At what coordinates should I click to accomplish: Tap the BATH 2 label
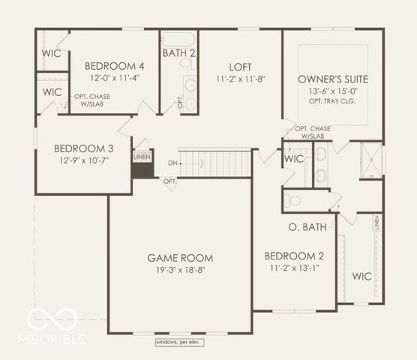point(179,53)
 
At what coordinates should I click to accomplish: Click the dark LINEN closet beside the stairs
point(141,164)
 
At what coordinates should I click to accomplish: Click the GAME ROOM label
point(180,257)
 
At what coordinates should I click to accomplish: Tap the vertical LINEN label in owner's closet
point(377,223)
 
